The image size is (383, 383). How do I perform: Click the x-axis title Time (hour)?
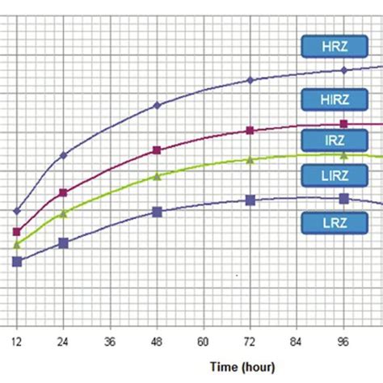click(x=242, y=367)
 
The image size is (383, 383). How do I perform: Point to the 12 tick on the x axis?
click(x=15, y=343)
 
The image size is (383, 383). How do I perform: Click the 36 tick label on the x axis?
click(x=110, y=343)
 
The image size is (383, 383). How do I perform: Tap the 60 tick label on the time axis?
click(x=204, y=343)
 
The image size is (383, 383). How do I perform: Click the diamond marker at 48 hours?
click(x=158, y=105)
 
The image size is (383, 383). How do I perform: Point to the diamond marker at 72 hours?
click(x=250, y=80)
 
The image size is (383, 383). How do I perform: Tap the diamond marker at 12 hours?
click(x=16, y=211)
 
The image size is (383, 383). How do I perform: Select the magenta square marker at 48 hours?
click(x=158, y=150)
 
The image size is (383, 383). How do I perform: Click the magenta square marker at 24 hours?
click(x=64, y=192)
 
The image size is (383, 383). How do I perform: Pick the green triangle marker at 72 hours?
click(x=250, y=160)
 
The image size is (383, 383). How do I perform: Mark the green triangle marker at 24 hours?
click(x=64, y=213)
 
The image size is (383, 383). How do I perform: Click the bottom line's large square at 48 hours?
click(x=158, y=212)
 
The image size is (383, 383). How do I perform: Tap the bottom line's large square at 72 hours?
click(x=250, y=200)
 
